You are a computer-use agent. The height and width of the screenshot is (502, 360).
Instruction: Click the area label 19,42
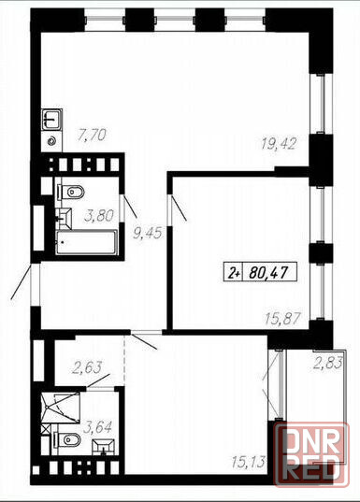(280, 143)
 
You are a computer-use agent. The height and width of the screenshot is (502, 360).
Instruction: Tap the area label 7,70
(92, 135)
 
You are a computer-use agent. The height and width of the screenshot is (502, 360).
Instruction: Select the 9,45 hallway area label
(148, 233)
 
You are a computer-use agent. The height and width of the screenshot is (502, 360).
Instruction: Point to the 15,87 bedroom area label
(282, 319)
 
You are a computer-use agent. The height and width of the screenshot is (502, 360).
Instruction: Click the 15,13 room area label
(249, 462)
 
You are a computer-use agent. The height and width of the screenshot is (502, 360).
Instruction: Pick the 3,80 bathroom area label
(99, 215)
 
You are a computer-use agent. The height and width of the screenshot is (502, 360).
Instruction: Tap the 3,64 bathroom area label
(97, 427)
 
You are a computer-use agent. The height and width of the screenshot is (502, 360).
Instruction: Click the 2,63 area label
(87, 368)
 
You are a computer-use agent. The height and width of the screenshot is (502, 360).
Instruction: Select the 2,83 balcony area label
(328, 363)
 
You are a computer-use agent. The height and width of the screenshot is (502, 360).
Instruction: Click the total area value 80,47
(267, 273)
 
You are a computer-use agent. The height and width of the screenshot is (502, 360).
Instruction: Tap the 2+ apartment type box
(234, 273)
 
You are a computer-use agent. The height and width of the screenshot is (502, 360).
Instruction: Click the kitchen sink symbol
(51, 119)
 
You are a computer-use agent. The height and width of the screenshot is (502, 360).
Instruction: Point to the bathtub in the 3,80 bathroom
(86, 242)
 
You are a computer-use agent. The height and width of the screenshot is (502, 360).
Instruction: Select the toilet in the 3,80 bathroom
(71, 192)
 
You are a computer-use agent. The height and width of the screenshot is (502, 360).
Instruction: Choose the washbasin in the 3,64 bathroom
(103, 447)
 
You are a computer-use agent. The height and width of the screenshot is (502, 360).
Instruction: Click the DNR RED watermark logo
(311, 454)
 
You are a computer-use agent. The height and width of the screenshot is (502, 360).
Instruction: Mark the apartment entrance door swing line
(22, 281)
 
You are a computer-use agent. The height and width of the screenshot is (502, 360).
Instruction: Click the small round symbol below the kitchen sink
(51, 140)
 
